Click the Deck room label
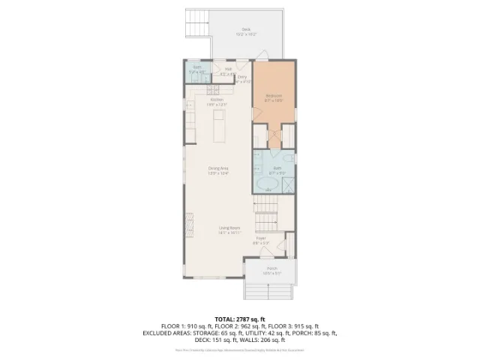(246, 30)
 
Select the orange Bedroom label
(274, 97)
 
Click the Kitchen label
(217, 100)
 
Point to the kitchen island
(220, 124)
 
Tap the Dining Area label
(218, 169)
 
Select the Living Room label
(229, 229)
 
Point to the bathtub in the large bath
(267, 184)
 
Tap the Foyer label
(260, 240)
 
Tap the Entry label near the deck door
(242, 78)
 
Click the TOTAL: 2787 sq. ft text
(239, 319)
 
